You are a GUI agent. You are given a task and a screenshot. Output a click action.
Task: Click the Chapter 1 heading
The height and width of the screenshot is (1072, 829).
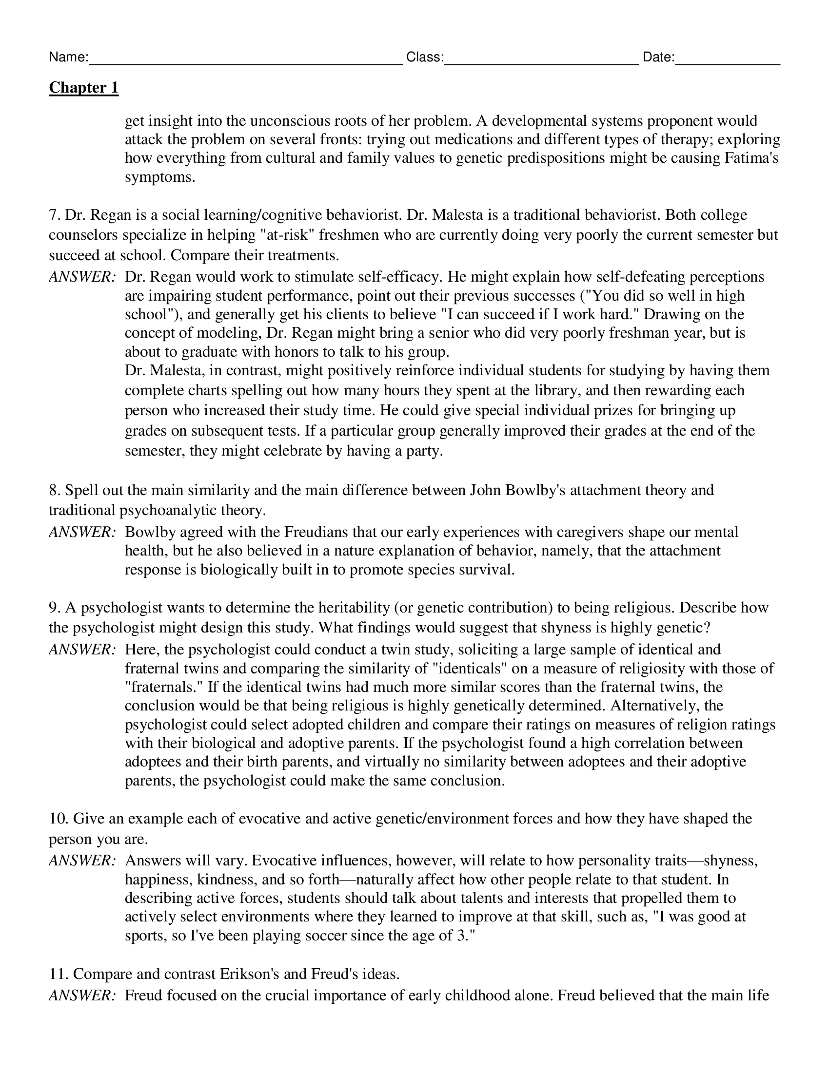click(83, 88)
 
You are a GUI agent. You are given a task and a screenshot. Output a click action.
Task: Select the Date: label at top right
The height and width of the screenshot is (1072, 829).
click(658, 57)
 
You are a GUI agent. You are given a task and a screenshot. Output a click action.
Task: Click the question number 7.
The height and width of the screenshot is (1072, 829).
click(54, 215)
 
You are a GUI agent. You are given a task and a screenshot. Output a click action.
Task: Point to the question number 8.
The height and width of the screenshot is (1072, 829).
click(54, 490)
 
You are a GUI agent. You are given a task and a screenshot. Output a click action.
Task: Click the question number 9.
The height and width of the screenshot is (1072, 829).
click(54, 608)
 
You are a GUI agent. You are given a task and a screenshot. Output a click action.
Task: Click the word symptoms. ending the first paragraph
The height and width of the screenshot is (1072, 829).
click(160, 177)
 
